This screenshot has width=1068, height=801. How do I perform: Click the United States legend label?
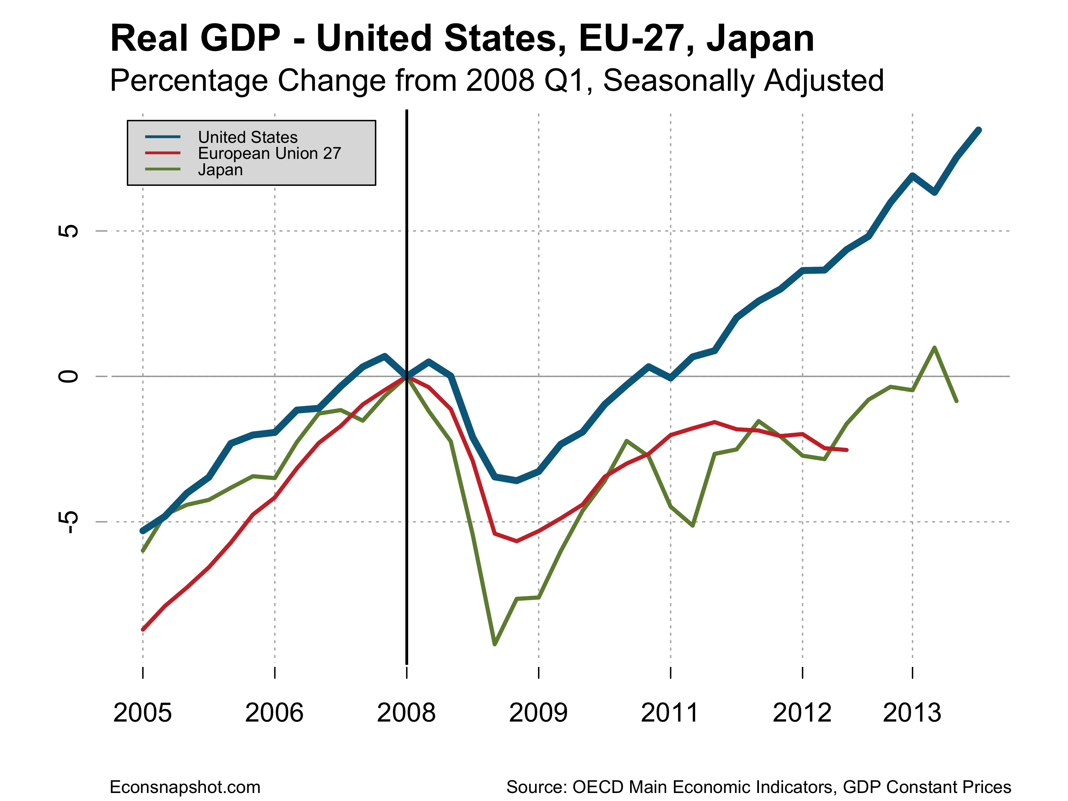(248, 137)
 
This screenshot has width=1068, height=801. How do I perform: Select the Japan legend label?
(220, 170)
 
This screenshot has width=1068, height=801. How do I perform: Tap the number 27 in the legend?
(332, 154)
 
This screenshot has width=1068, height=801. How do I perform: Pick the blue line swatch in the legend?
(163, 137)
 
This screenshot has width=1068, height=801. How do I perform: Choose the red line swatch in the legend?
(163, 153)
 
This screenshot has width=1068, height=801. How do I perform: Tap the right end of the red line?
(847, 450)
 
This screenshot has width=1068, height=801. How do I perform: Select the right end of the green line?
(957, 401)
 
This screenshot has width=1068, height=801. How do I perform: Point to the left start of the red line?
(143, 629)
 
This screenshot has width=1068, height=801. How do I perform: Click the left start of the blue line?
(143, 531)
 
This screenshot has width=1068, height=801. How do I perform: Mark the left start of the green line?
(143, 551)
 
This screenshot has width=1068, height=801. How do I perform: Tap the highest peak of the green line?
(935, 347)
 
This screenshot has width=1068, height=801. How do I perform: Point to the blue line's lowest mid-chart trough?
(517, 480)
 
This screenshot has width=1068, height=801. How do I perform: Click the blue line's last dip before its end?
(935, 193)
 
